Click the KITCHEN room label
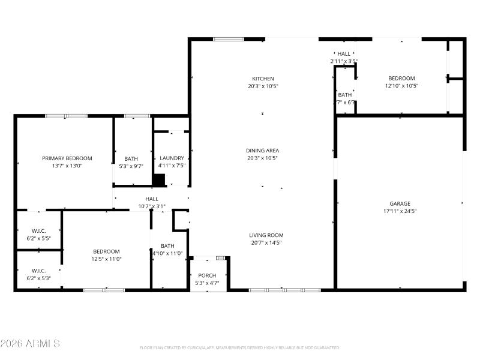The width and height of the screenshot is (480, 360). (263, 79)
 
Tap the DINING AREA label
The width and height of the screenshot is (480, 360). (263, 151)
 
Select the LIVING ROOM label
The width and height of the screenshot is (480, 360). (266, 235)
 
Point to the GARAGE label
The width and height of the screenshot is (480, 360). (400, 204)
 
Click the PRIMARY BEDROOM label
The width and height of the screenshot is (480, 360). (67, 158)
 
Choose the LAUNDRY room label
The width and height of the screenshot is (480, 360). (172, 158)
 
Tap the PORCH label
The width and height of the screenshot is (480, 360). (208, 275)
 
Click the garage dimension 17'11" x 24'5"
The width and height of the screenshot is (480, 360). (400, 211)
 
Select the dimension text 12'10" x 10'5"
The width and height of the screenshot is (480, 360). (401, 86)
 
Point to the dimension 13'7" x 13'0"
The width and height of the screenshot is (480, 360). (67, 166)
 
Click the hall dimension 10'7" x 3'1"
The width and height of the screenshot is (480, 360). (152, 206)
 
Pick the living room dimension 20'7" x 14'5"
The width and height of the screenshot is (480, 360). (266, 242)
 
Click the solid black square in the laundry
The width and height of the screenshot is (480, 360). (159, 180)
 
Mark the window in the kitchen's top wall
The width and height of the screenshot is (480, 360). (229, 40)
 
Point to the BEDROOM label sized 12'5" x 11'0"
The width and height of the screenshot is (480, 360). (106, 251)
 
